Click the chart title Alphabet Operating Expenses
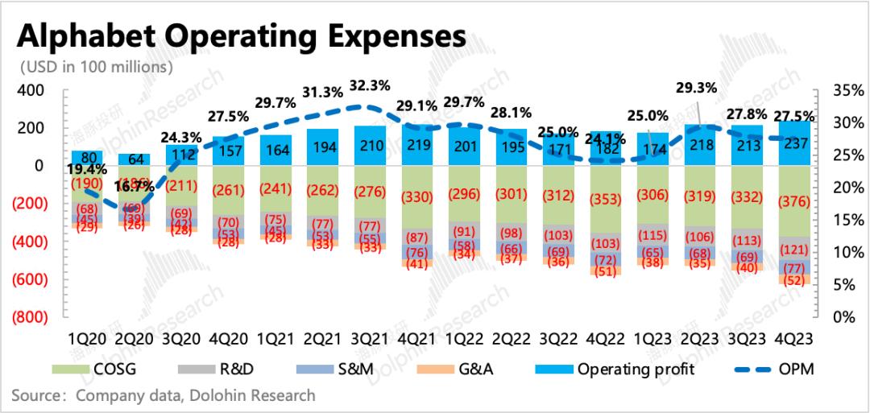[242, 36]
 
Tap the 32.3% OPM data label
[372, 85]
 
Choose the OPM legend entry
[773, 370]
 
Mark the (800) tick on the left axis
[29, 317]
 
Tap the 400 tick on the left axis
[31, 90]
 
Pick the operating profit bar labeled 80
[86, 158]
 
